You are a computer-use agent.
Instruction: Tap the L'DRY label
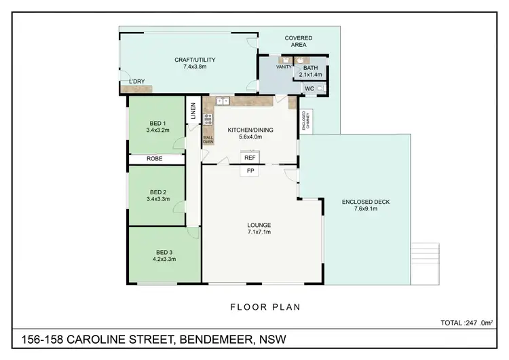pyautogui.click(x=136, y=82)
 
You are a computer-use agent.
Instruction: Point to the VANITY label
pyautogui.click(x=283, y=68)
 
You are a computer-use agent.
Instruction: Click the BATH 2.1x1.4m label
pyautogui.click(x=310, y=71)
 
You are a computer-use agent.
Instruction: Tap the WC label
pyautogui.click(x=309, y=88)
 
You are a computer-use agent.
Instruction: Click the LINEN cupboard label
pyautogui.click(x=193, y=111)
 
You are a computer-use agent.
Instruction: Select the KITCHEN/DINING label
pyautogui.click(x=250, y=132)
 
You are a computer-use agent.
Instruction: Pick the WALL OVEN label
pyautogui.click(x=208, y=141)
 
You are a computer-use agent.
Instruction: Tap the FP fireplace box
pyautogui.click(x=250, y=170)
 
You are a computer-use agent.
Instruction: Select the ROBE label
pyautogui.click(x=155, y=160)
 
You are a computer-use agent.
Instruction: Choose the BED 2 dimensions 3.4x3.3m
pyautogui.click(x=157, y=200)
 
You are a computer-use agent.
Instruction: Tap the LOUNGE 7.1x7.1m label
pyautogui.click(x=259, y=228)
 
